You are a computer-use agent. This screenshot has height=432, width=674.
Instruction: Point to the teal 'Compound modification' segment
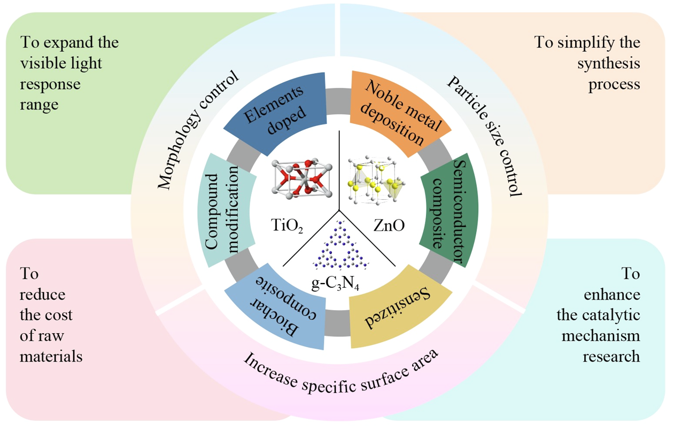coord(227,211)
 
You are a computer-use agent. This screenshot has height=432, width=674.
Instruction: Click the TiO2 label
coord(288,226)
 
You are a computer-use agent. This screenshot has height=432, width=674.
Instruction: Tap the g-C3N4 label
coord(335,284)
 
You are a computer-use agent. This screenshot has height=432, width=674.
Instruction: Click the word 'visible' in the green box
coord(42,62)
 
